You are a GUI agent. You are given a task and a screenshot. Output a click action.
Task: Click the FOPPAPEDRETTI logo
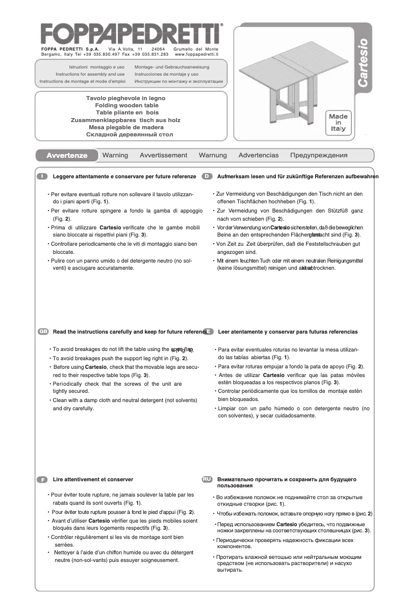(132, 34)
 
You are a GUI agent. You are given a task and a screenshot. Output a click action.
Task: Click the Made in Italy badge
(338, 123)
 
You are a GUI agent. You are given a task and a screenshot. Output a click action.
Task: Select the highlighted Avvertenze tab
(66, 155)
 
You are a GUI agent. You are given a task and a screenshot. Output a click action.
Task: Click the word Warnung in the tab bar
(213, 155)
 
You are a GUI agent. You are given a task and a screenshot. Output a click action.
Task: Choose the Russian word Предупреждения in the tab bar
(319, 155)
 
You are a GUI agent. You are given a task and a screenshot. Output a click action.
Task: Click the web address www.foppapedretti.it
(196, 54)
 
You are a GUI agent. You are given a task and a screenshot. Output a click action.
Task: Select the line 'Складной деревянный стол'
(130, 134)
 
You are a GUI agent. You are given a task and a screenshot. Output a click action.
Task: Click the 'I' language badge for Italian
(42, 176)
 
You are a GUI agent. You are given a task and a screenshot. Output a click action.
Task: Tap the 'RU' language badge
(207, 479)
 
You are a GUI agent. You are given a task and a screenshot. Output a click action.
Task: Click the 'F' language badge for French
(42, 480)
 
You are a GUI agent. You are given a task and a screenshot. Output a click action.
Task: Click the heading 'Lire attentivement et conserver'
(93, 480)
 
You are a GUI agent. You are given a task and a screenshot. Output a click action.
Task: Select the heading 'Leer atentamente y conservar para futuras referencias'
(288, 332)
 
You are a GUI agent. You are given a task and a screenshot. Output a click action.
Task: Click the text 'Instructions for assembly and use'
(90, 74)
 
